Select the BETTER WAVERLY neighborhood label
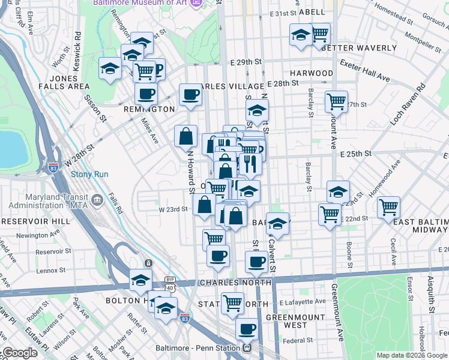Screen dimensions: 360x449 tap(359, 48)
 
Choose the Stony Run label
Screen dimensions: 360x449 tap(89, 175)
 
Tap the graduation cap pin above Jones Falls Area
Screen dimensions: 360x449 tap(110, 69)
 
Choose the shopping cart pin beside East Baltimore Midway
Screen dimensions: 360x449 tap(389, 207)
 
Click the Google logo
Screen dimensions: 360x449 tap(20, 353)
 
